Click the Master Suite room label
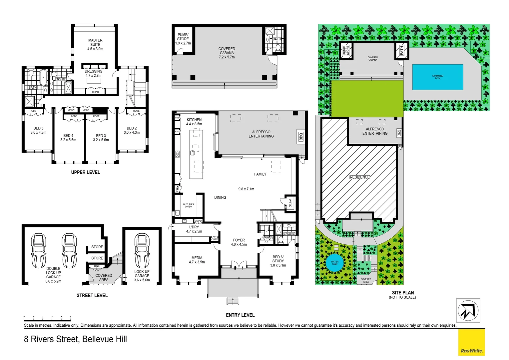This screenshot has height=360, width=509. point(95,42)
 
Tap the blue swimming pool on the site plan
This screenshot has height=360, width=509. point(437,77)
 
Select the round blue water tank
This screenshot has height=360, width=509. point(334,263)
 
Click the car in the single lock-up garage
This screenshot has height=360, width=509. point(142,250)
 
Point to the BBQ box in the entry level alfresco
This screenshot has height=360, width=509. point(301,137)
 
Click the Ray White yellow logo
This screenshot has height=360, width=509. point(471,342)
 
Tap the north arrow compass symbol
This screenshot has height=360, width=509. point(468,310)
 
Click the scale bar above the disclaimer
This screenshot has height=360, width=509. point(47,317)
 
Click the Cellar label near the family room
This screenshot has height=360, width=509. point(290,203)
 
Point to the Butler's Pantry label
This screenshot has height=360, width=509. point(189,206)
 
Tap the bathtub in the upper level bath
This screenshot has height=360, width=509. point(43,78)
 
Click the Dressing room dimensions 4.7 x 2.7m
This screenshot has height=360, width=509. point(93,76)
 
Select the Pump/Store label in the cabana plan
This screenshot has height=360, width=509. point(183,37)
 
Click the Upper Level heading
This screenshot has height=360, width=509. point(85,172)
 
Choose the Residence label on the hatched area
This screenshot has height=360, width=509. point(359,177)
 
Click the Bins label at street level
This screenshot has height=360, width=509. point(97,266)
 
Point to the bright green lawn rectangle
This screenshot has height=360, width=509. point(367,99)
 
